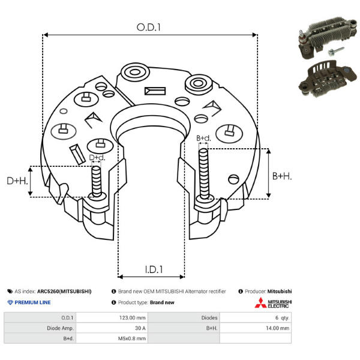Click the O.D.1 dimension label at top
click(149, 28)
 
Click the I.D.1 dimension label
click(154, 269)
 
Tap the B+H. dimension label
click(282, 176)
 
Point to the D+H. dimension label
click(17, 181)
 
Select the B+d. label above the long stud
click(203, 138)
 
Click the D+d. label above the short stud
click(97, 157)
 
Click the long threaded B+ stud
click(203, 173)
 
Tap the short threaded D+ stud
click(97, 181)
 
